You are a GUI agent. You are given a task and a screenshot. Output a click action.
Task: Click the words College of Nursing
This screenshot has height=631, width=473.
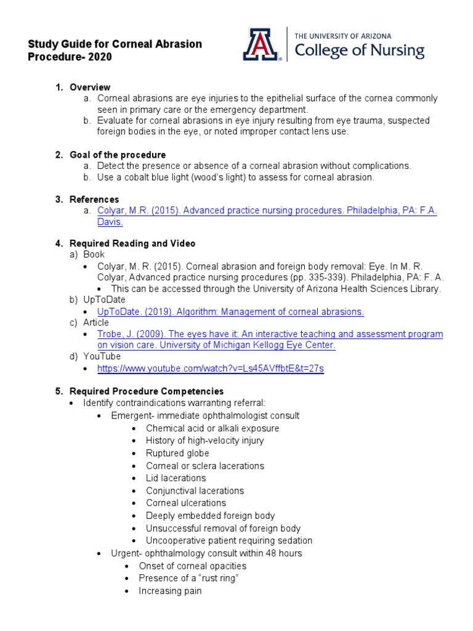[360, 51]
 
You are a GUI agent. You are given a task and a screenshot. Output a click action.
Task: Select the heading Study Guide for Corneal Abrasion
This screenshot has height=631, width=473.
[115, 44]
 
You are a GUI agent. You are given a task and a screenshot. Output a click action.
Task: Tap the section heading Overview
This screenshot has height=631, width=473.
[90, 87]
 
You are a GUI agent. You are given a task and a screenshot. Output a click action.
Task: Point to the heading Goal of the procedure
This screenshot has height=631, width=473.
[118, 155]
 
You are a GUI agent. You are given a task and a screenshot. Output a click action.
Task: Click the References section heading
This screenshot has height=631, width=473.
[94, 200]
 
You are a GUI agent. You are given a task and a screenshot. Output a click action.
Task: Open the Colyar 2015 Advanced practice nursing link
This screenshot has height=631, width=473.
[267, 211]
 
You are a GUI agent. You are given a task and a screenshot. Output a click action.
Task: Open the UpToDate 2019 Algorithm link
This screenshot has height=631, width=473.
[230, 312]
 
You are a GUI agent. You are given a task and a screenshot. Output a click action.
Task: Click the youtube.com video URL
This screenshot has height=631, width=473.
[211, 368]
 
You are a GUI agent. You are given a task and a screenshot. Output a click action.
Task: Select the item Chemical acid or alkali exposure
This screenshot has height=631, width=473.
[212, 428]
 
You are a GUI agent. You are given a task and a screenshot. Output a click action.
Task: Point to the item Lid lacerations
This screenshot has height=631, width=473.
[176, 478]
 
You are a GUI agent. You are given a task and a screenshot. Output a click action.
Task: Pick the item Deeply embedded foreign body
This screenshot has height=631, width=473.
[210, 516]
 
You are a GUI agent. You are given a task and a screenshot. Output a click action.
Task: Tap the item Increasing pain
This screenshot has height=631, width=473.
[170, 591]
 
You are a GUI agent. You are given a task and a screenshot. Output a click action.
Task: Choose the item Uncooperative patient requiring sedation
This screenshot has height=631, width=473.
[229, 540]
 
